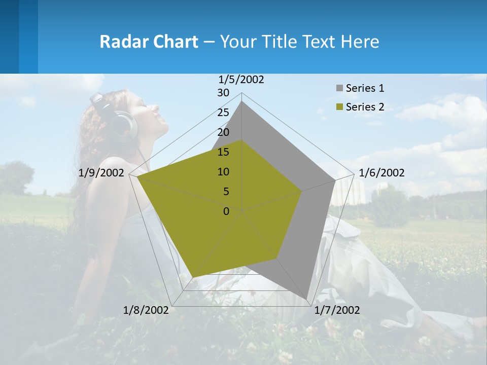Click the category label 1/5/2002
[x=241, y=79]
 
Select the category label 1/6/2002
[x=381, y=173]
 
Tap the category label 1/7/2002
[x=337, y=310]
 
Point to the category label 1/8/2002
[x=146, y=310]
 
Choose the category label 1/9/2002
[x=101, y=173]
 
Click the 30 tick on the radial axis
[x=223, y=93]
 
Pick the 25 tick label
[x=223, y=113]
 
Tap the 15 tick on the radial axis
[x=223, y=152]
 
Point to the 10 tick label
[x=223, y=172]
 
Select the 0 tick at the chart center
[x=226, y=211]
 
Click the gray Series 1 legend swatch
[x=339, y=88]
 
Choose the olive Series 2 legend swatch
[x=339, y=107]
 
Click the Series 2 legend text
[x=365, y=107]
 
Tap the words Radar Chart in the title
[x=149, y=42]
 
